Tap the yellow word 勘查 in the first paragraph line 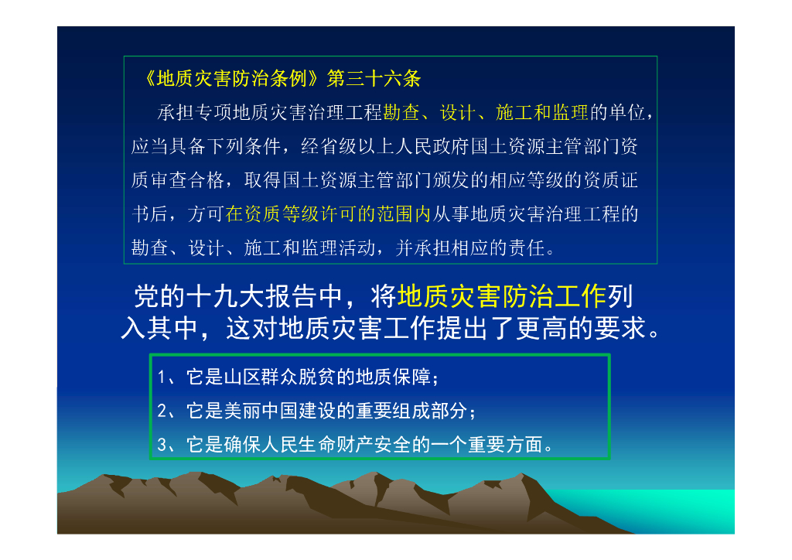coord(401,113)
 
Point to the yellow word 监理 coord(571,113)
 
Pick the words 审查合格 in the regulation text coord(186,181)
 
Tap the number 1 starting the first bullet coord(161,378)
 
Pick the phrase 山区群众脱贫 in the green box coord(285,378)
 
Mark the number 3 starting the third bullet coord(161,445)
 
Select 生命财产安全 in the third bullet coord(353,445)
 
